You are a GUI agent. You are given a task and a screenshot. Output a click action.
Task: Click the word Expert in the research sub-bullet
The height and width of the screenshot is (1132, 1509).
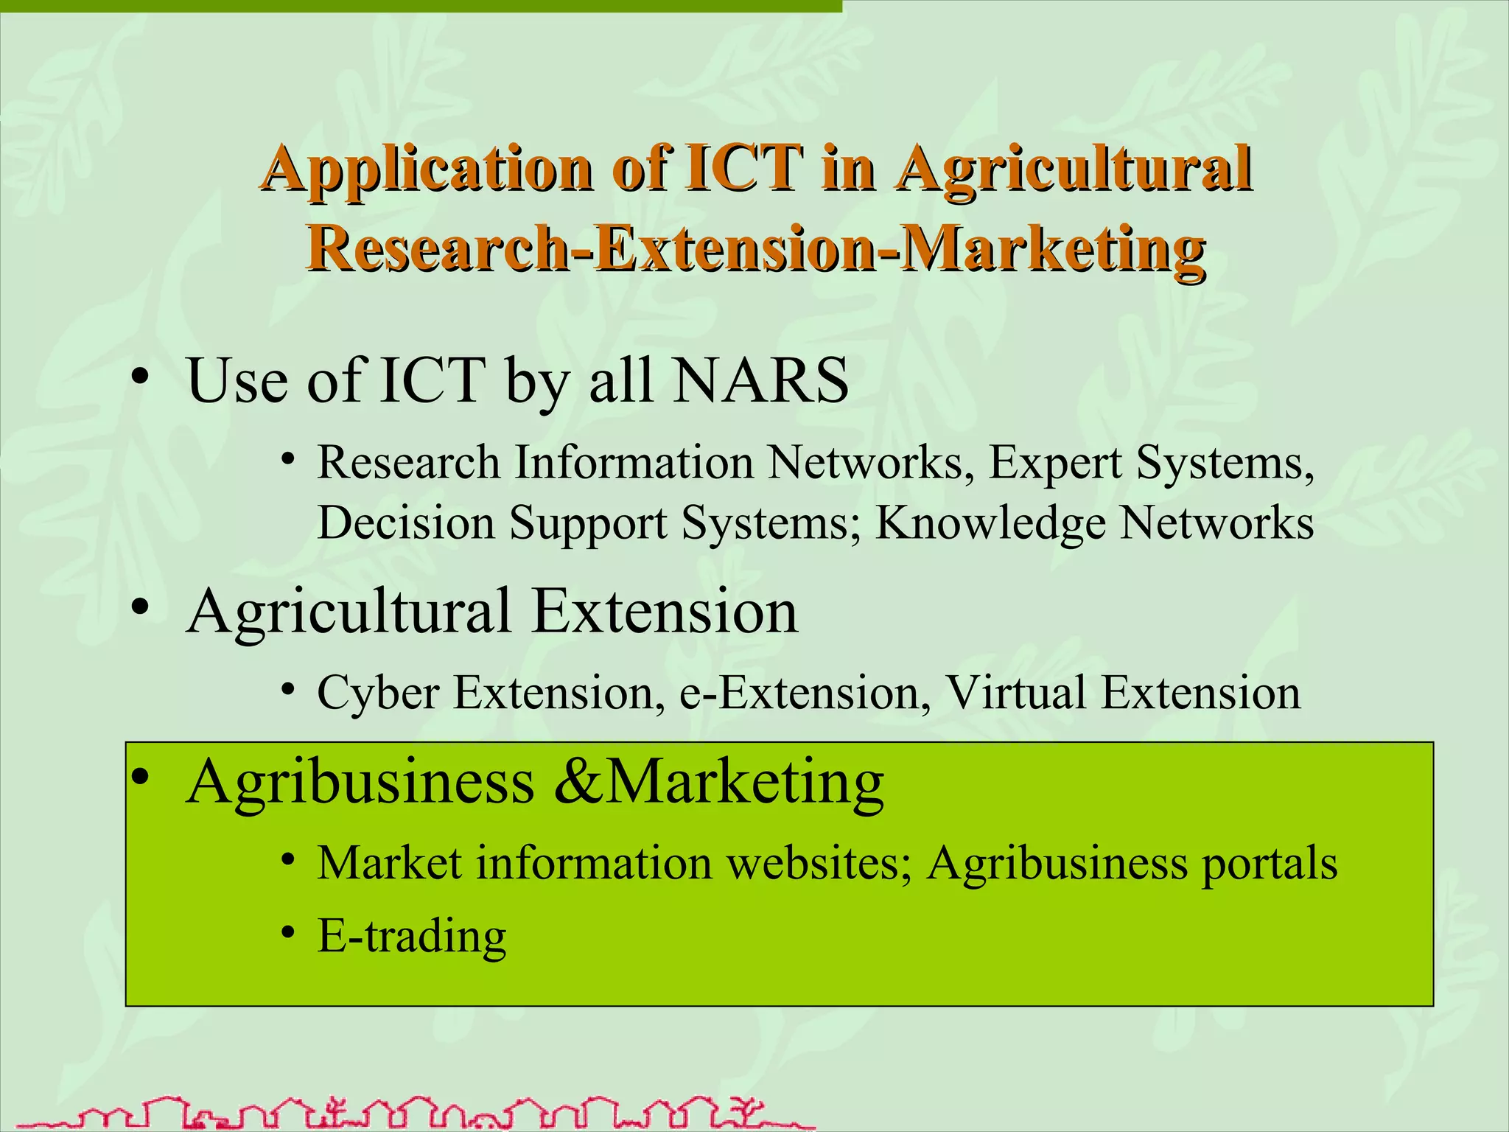1055,463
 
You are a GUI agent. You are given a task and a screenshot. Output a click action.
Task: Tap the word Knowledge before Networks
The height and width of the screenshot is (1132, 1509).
990,524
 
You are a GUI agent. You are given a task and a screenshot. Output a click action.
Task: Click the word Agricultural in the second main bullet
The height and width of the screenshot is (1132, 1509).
349,612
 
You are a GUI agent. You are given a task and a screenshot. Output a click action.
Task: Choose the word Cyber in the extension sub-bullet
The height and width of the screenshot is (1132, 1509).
378,693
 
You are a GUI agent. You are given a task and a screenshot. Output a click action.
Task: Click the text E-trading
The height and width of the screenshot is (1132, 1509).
412,936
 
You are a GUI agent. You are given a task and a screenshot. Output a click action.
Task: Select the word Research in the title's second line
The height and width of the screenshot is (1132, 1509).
438,248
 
